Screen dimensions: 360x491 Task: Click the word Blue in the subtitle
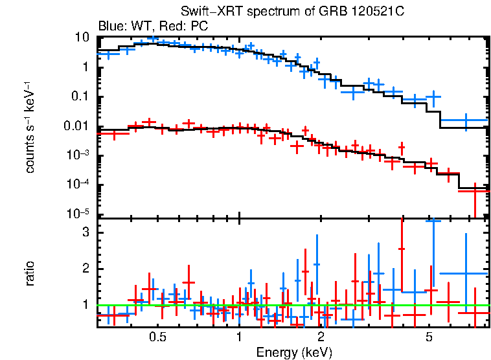pyautogui.click(x=109, y=27)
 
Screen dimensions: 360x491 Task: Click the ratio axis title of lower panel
pyautogui.click(x=30, y=273)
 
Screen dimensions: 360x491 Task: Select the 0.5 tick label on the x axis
pyautogui.click(x=157, y=337)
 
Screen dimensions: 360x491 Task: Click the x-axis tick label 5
pyautogui.click(x=429, y=337)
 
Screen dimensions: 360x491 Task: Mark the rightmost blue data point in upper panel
pyautogui.click(x=466, y=120)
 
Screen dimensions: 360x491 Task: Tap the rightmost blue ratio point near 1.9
pyautogui.click(x=466, y=273)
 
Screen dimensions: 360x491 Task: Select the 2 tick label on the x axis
pyautogui.click(x=321, y=337)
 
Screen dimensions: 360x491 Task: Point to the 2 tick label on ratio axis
pyautogui.click(x=84, y=269)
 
